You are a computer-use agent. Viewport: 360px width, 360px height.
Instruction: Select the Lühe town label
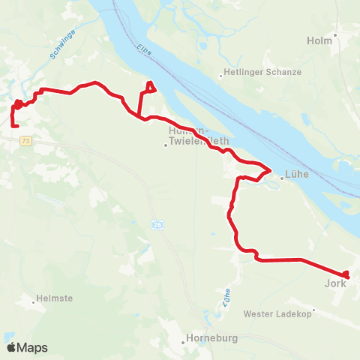click(x=298, y=178)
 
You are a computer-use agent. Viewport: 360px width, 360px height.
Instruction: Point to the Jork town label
click(x=334, y=284)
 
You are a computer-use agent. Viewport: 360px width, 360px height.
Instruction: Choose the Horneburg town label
click(x=211, y=338)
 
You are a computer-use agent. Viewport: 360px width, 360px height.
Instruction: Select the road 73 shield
click(x=26, y=140)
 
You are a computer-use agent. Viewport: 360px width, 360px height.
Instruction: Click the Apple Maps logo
click(x=27, y=347)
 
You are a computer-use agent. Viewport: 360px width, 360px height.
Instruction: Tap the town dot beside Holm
click(x=336, y=34)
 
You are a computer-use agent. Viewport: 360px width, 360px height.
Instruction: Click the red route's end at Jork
click(x=346, y=275)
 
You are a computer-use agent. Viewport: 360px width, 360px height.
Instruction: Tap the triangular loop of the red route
click(x=150, y=88)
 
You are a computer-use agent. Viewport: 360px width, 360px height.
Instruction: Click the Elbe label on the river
click(x=145, y=49)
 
